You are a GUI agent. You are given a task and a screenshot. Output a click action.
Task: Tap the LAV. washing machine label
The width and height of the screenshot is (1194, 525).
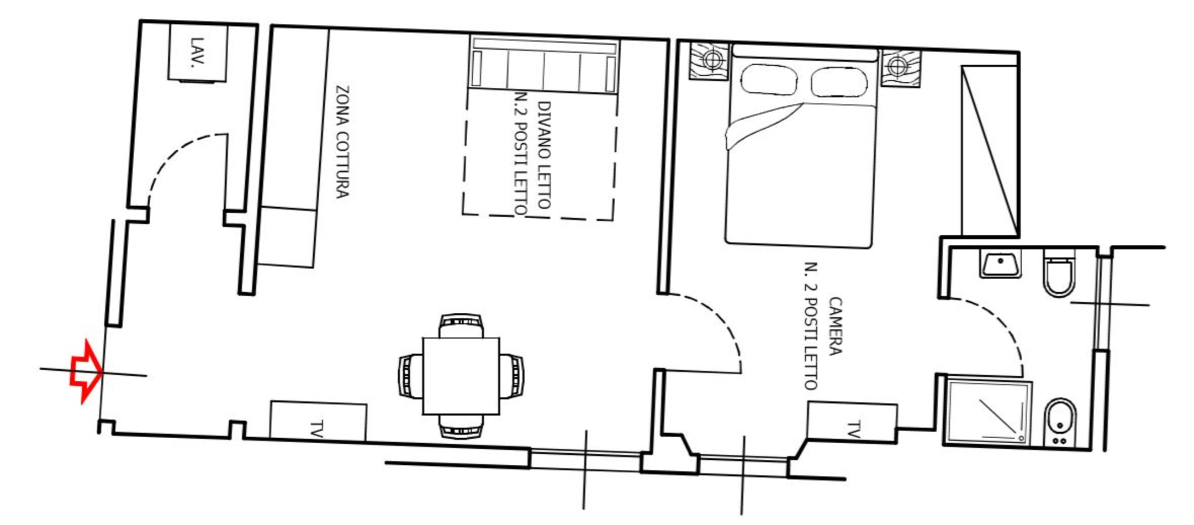point(197,52)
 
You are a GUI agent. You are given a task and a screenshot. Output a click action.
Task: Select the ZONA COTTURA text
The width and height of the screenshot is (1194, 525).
point(343,142)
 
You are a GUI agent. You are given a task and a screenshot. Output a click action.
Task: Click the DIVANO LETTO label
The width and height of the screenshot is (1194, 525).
point(545,155)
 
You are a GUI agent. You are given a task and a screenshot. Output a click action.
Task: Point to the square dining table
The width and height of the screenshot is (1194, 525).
point(461,376)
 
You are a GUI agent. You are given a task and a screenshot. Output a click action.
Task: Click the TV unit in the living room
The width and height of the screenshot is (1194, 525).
point(318,422)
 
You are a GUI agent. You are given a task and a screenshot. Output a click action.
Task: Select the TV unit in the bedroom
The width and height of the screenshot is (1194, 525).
point(852,423)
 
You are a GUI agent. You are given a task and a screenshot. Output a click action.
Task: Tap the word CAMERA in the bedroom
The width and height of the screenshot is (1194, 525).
point(835,326)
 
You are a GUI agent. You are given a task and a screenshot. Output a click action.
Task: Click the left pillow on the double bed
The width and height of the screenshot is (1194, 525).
point(769,80)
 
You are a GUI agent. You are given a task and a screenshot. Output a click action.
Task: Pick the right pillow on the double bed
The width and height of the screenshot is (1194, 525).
point(838,82)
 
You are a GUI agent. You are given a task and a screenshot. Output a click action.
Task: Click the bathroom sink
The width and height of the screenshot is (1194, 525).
point(1000,263)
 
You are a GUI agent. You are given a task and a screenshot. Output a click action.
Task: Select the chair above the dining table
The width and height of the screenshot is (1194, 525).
point(462,326)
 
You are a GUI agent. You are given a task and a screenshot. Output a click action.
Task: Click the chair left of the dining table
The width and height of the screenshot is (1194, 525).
point(410,376)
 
